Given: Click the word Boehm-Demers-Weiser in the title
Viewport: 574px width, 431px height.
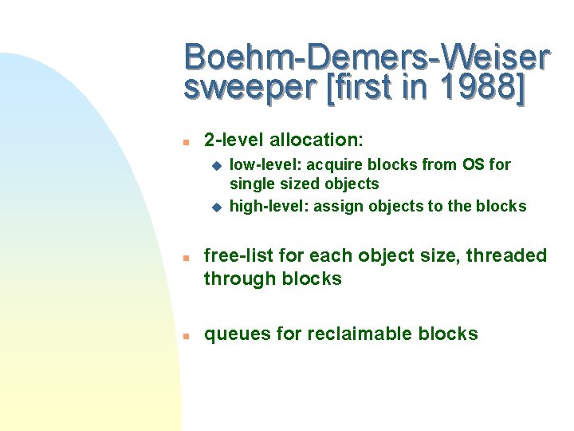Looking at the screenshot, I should tap(367, 57).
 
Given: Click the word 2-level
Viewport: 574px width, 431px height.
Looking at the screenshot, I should tap(234, 140).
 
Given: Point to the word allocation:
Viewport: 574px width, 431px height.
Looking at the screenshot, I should tap(316, 140).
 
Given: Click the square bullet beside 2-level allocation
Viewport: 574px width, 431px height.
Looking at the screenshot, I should tap(184, 141).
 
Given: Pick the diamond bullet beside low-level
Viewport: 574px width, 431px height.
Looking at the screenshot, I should tap(214, 165).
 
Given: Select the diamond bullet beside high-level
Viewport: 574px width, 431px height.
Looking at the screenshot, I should tap(214, 207).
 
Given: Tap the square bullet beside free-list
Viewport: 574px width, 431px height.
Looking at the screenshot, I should tap(184, 258).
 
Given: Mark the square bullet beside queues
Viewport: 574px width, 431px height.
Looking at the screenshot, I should tap(184, 336).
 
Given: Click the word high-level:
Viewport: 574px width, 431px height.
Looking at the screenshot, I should tap(269, 206).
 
